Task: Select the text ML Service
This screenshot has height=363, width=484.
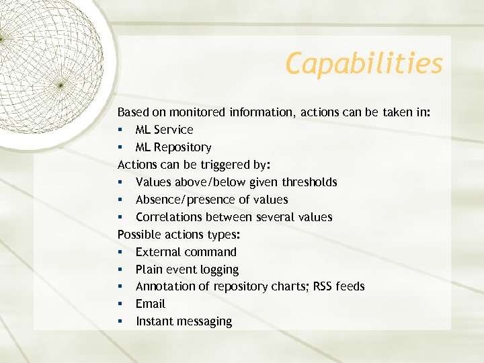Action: [x=164, y=130]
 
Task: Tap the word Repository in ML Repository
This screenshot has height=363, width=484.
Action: [x=182, y=147]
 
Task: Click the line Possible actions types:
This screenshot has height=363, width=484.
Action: [x=179, y=235]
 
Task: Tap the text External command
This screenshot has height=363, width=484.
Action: [x=186, y=252]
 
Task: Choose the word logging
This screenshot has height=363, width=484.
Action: [x=216, y=270]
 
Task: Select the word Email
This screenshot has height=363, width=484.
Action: [x=150, y=304]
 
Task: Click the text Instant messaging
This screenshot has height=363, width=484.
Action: [x=184, y=321]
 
